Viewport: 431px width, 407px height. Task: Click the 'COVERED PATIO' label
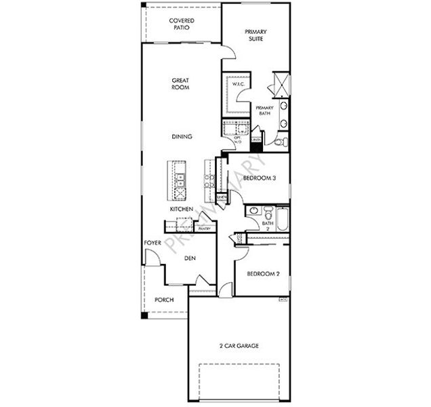[181, 25]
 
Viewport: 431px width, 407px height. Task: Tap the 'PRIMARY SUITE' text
[255, 35]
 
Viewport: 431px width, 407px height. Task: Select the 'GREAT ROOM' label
[180, 84]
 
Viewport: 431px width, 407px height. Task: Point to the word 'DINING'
[182, 136]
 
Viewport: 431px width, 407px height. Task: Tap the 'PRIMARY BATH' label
[264, 111]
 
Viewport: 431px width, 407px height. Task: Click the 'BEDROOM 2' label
[263, 274]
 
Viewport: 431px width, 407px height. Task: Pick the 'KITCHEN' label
[182, 210]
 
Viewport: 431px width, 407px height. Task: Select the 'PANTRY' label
[204, 229]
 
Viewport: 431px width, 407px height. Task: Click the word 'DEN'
[190, 257]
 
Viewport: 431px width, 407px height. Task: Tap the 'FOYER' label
[152, 242]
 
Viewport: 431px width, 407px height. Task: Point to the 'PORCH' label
[164, 299]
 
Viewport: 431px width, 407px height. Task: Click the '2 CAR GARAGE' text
[239, 345]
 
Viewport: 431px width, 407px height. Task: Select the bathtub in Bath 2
[283, 218]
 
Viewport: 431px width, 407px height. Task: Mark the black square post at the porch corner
[143, 317]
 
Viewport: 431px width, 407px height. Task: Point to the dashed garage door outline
[239, 382]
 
